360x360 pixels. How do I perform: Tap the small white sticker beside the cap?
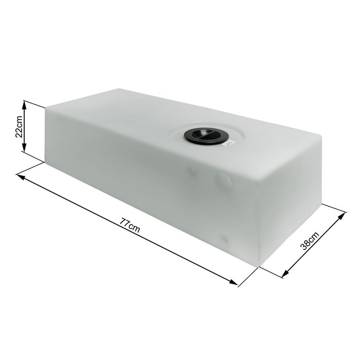(228, 145)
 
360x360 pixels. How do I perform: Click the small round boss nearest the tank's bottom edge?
(224, 239)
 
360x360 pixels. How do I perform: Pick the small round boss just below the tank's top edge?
(192, 169)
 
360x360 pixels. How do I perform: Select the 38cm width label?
(310, 240)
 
